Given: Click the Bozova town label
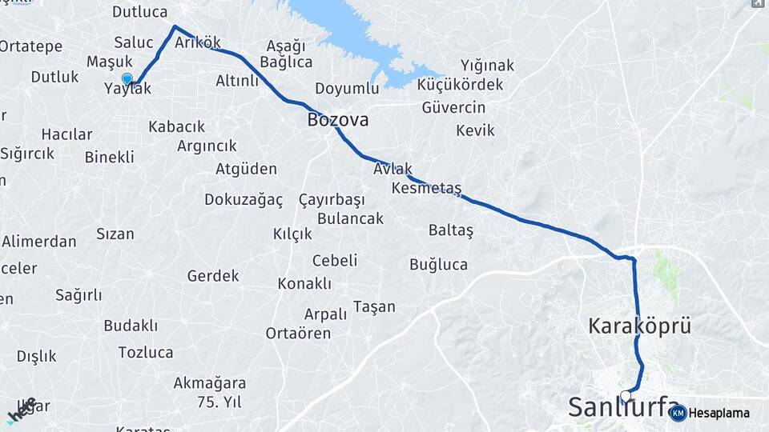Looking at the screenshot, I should pos(337,120).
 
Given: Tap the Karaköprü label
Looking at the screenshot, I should pos(639,326).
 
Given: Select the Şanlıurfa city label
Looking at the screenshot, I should pos(624,406).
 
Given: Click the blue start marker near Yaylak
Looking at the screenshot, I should pos(127,78).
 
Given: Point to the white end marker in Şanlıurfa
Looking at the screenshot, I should pos(626,395).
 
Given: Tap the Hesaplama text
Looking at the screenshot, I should pos(719,413).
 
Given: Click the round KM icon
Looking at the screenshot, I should pos(678,413).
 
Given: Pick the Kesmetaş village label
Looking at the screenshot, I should pos(427,188).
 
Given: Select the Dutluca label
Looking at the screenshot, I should pos(139,12).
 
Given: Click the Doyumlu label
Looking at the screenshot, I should pos(346,88).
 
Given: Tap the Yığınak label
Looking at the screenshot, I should pos(487,66).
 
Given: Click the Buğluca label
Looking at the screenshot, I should pos(438,265).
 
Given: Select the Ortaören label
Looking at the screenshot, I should pos(297,333).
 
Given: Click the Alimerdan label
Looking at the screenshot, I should pos(38,242).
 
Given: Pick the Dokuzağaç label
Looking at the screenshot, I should pos(244,199).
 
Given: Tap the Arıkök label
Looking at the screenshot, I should pos(197,42).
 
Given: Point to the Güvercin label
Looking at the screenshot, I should pos(453,107).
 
